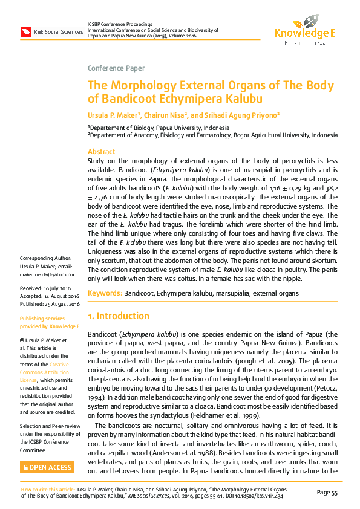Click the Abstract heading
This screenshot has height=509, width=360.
pyautogui.click(x=102, y=152)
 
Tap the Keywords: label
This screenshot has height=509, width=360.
pyautogui.click(x=105, y=293)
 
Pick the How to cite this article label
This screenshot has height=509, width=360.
pyautogui.click(x=48, y=488)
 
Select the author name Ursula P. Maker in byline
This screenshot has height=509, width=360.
pyautogui.click(x=112, y=115)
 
